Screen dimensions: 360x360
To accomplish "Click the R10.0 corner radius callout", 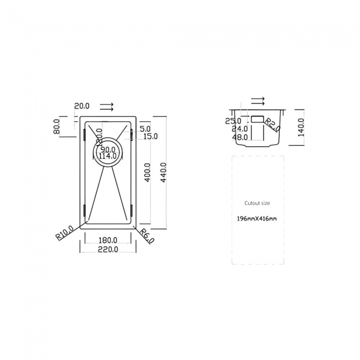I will [64, 233].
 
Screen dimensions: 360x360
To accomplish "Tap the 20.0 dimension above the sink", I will [83, 105].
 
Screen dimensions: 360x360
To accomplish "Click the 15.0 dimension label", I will [150, 136].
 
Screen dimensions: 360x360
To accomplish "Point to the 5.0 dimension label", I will [145, 128].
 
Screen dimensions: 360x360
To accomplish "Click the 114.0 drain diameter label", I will [107, 156].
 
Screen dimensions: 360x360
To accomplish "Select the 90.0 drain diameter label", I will [107, 149].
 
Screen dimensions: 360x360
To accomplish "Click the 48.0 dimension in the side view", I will [240, 137].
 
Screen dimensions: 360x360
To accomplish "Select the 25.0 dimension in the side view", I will [233, 121].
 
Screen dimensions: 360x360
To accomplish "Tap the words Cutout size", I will [257, 203].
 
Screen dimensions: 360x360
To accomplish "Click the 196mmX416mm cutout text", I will [257, 219].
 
